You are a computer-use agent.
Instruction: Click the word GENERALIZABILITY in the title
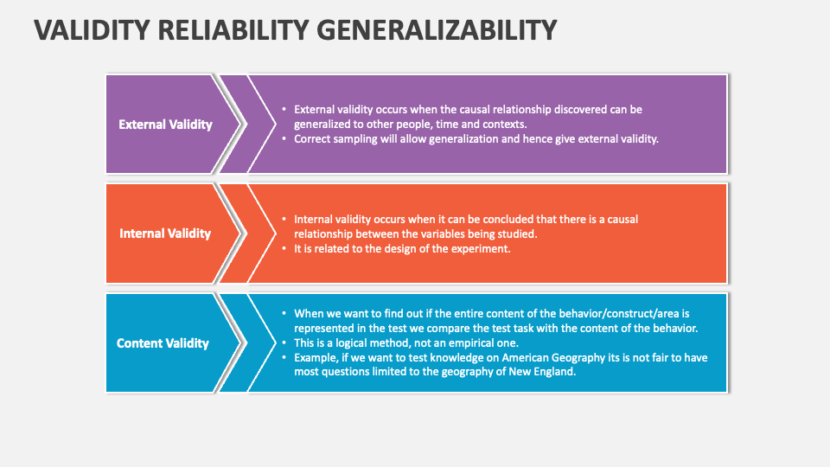coord(437,29)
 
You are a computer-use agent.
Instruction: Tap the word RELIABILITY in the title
coord(233,29)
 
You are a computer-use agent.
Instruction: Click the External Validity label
coord(165,125)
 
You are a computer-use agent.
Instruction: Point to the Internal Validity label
coord(165,233)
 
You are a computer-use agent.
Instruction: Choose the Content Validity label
coord(163,343)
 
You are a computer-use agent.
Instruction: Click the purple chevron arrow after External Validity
coord(248,125)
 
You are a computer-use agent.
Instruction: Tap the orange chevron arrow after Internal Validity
coord(248,233)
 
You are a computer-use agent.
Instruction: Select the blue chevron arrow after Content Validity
coord(248,342)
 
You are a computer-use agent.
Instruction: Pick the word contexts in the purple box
coord(505,125)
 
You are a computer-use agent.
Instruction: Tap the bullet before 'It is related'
coord(284,248)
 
